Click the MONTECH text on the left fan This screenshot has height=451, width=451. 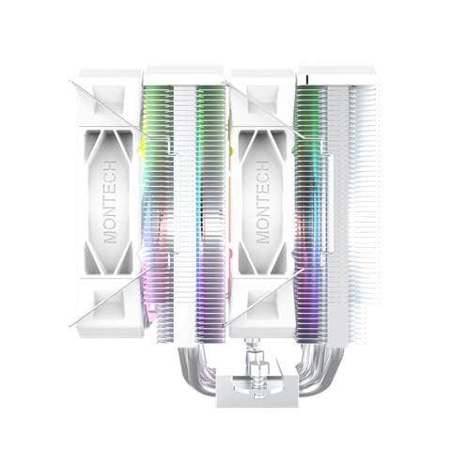point(111,202)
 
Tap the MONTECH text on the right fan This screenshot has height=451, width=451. point(263,202)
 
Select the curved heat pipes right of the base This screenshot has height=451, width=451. point(319,369)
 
